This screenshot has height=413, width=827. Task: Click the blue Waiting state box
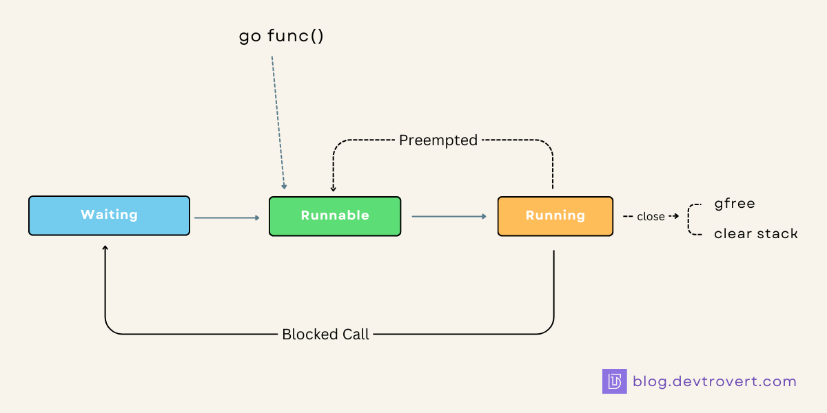109,215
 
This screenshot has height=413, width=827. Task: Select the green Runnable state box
334,216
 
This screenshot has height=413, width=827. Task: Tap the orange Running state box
555,216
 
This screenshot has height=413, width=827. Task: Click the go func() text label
281,36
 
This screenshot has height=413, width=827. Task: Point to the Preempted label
438,140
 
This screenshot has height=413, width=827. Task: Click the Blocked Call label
325,335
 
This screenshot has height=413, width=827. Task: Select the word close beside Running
651,216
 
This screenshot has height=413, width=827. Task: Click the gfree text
735,204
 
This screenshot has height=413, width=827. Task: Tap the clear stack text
755,234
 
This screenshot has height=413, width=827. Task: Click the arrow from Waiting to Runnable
227,218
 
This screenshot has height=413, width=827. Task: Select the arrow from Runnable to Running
449,217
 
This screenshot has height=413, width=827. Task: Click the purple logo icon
614,381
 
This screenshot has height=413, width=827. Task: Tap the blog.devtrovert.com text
714,381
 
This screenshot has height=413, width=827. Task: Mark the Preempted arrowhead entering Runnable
334,189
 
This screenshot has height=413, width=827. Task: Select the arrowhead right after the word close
676,216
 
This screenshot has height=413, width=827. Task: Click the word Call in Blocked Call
355,335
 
